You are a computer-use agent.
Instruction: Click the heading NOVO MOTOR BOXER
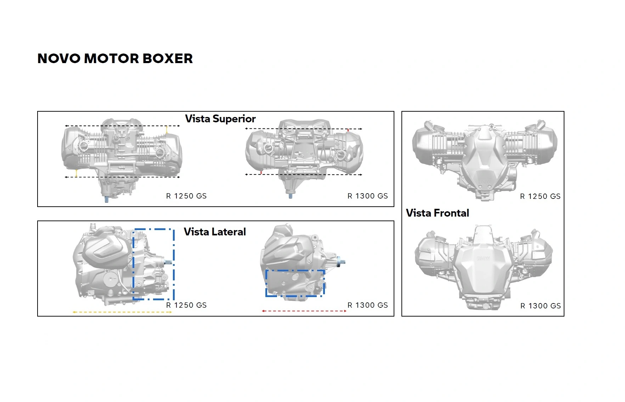click(x=115, y=58)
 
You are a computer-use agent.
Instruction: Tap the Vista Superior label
click(x=220, y=119)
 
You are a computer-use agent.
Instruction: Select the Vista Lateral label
click(x=215, y=232)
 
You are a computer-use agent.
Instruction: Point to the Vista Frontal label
click(x=438, y=213)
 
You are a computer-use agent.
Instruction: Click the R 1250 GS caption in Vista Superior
click(x=186, y=196)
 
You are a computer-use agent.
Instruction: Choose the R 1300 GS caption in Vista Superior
click(x=368, y=196)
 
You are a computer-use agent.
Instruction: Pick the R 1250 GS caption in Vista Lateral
click(x=186, y=305)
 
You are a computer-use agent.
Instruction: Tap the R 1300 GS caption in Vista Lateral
click(x=368, y=305)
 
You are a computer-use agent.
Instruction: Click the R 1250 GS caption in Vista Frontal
click(x=540, y=196)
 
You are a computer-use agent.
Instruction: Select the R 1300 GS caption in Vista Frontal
click(x=541, y=306)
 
